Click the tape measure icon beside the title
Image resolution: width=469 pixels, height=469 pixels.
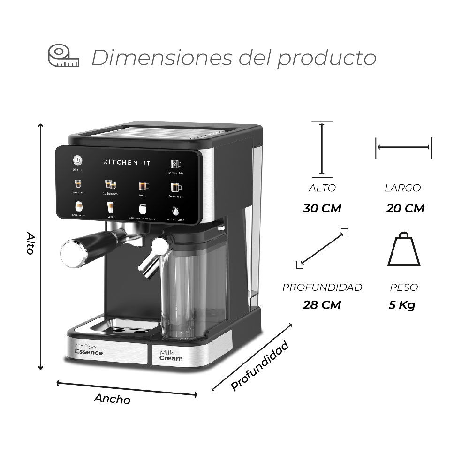point(64,56)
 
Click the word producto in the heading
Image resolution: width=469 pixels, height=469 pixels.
point(327,58)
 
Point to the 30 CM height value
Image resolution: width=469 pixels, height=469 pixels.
point(322,208)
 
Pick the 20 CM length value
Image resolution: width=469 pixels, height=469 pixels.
point(405,208)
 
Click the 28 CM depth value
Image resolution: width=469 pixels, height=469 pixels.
point(322,305)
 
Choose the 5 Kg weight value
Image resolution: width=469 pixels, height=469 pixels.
point(402,305)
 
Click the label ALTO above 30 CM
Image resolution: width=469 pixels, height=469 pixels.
point(322,188)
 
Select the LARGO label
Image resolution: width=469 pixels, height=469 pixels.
point(402,188)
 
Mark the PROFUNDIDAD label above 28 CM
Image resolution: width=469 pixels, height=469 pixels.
point(322,287)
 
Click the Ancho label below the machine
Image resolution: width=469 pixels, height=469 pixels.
point(112,399)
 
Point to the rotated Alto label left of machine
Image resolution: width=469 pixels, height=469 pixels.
point(30,243)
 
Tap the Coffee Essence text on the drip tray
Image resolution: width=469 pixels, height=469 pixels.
point(89,349)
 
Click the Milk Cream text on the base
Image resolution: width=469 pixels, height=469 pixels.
point(171,355)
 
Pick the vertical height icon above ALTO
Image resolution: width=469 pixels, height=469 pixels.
point(322,148)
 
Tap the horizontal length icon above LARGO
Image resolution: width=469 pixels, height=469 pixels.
point(403,147)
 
